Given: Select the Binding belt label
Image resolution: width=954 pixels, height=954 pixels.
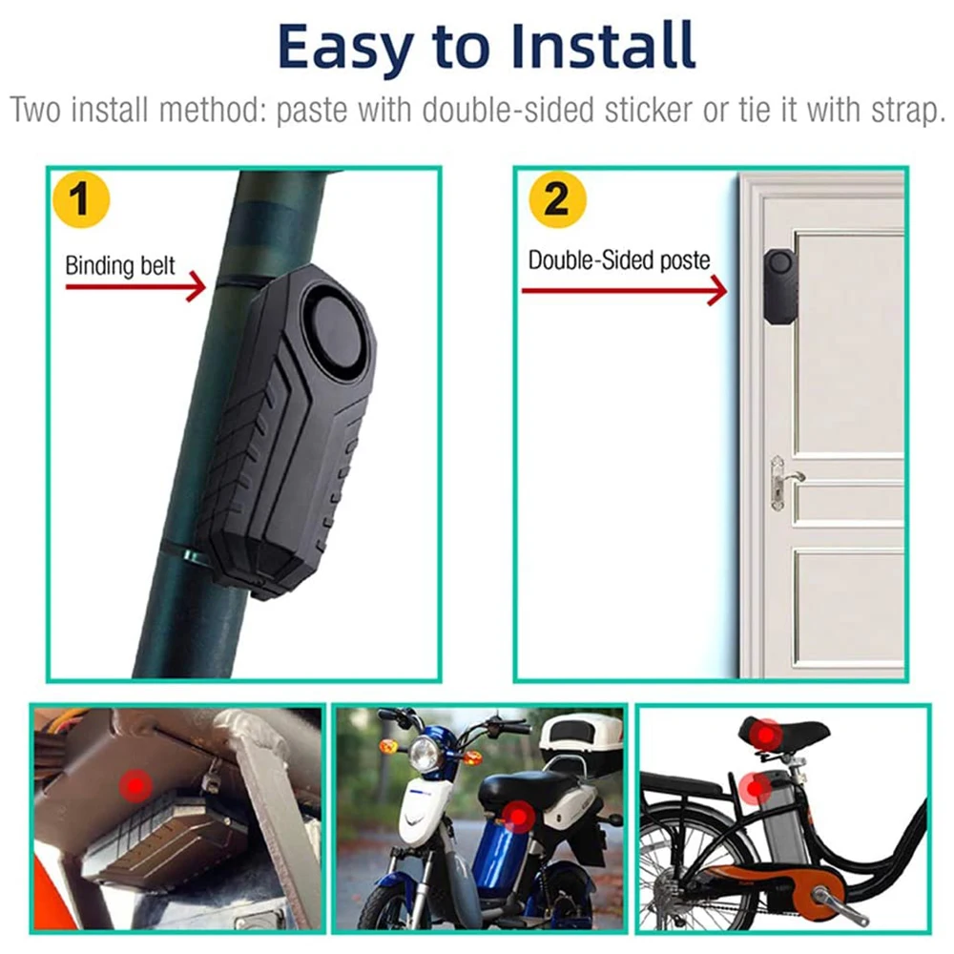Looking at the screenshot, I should tap(120, 265).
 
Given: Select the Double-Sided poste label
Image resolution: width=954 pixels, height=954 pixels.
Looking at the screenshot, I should tap(619, 259).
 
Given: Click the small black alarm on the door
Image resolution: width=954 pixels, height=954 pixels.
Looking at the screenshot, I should tap(778, 285).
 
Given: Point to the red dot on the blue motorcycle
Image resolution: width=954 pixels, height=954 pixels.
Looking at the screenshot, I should tap(518, 816).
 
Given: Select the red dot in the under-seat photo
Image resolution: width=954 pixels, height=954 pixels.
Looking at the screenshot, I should tap(135, 786).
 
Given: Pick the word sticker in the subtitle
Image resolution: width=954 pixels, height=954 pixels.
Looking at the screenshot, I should tap(648, 110).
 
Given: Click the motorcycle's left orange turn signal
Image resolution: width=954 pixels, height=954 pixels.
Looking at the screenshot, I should tap(388, 746).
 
